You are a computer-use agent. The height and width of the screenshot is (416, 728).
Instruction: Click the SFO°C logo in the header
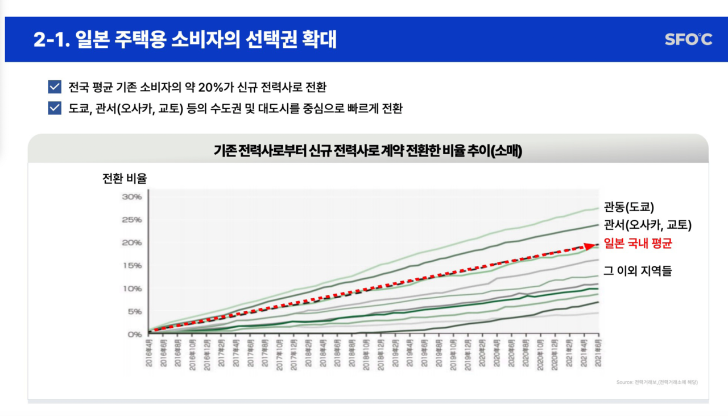[688, 39]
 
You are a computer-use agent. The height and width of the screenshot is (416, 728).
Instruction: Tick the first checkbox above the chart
[55, 87]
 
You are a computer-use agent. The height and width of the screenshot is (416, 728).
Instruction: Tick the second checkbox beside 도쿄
[55, 108]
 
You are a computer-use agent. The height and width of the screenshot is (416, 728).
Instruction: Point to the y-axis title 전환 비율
[125, 178]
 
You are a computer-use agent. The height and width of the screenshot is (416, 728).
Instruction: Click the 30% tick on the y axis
[131, 197]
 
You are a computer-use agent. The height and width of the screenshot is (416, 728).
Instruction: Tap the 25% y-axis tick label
[131, 220]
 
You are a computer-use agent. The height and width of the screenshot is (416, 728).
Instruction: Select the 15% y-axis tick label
[131, 266]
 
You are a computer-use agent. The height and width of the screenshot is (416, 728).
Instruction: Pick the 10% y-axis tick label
[131, 289]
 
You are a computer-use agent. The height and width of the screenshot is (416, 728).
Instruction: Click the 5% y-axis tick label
[134, 311]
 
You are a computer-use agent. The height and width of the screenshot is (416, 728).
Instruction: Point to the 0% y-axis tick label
[134, 335]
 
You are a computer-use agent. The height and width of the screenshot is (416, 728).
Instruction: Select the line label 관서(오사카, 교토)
[647, 225]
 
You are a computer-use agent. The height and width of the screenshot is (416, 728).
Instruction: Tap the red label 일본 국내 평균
[638, 244]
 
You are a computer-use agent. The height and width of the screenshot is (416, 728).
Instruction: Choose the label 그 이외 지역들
[637, 271]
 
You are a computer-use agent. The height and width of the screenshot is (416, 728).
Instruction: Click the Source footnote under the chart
[657, 382]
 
